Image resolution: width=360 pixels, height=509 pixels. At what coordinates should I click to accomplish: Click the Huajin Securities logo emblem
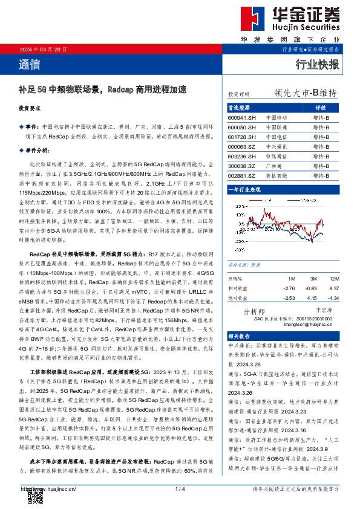(x=247, y=20)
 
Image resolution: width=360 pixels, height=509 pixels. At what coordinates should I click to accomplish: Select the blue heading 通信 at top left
(x=30, y=63)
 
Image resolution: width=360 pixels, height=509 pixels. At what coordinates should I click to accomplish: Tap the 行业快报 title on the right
(x=317, y=65)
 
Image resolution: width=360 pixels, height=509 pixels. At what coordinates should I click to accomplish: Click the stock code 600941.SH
(x=242, y=117)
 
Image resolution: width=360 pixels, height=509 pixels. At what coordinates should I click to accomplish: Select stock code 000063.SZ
(x=242, y=146)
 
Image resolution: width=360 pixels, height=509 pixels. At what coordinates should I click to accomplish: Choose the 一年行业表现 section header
(x=244, y=190)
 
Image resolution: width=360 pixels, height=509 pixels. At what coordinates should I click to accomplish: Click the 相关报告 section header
(x=238, y=336)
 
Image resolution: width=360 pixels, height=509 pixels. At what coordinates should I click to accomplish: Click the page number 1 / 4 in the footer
(x=179, y=488)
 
